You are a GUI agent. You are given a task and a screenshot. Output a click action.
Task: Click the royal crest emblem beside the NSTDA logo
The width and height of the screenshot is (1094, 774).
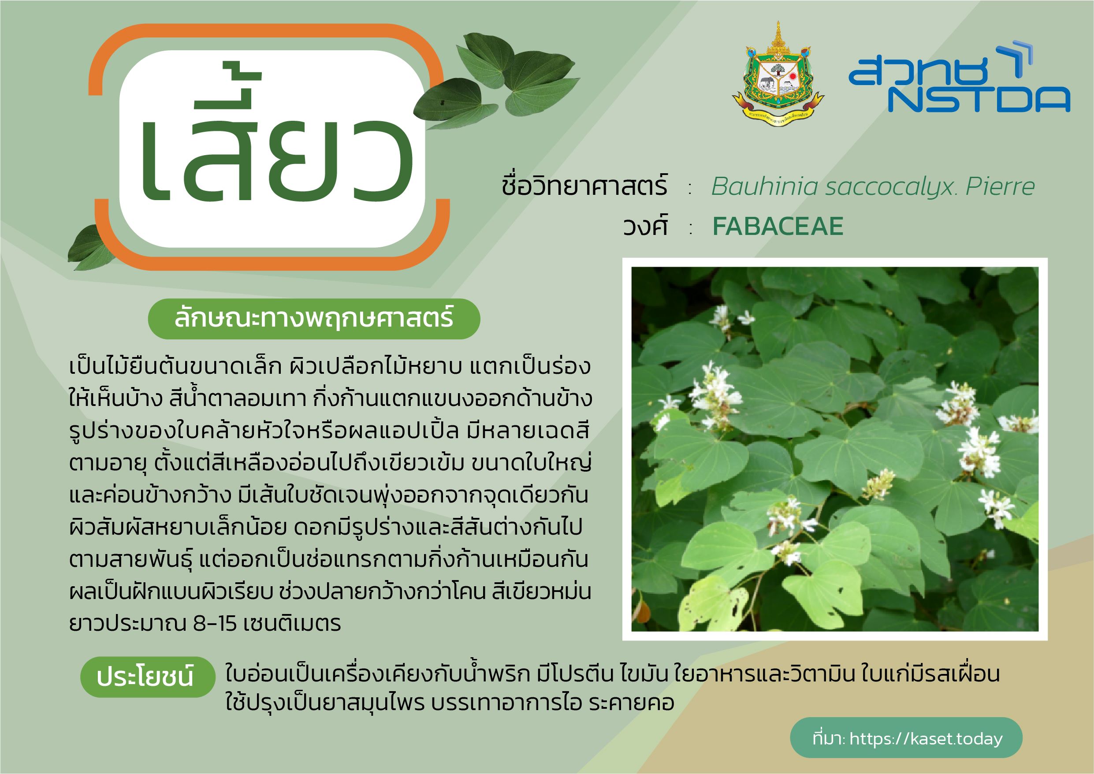(778, 74)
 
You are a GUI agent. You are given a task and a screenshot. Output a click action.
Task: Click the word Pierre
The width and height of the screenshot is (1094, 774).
(1000, 186)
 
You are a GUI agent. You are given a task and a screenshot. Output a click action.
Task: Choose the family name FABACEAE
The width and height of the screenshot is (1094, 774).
(778, 226)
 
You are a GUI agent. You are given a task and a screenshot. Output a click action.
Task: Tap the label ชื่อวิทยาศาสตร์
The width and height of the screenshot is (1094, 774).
(584, 185)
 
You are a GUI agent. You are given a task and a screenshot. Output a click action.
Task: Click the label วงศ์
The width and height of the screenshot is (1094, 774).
(645, 225)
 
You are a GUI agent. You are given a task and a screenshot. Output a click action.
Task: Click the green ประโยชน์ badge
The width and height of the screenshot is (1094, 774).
(148, 677)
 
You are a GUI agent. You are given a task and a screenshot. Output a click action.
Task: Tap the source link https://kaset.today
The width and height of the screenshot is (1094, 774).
(926, 739)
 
